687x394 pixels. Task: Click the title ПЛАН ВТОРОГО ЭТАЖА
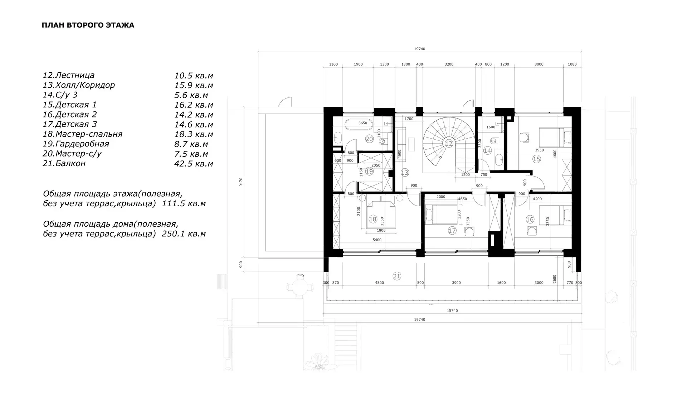88,25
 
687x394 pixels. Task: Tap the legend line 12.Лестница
69,75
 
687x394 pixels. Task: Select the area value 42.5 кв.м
194,164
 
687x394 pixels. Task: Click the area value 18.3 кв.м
194,134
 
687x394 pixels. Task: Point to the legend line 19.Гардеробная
76,144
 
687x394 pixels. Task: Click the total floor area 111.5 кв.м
184,204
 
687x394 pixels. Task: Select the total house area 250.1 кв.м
184,234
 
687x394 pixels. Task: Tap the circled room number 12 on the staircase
449,143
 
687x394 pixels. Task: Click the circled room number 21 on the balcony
397,276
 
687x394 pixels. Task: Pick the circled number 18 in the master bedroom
373,219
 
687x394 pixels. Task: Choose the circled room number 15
536,159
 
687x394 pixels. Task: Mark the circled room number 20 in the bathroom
369,139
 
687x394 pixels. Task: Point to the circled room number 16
530,220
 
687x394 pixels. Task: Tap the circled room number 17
452,231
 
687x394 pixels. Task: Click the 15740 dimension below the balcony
452,311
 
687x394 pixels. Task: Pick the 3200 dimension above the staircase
449,64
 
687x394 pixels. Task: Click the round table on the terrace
300,287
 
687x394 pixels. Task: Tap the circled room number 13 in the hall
405,173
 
